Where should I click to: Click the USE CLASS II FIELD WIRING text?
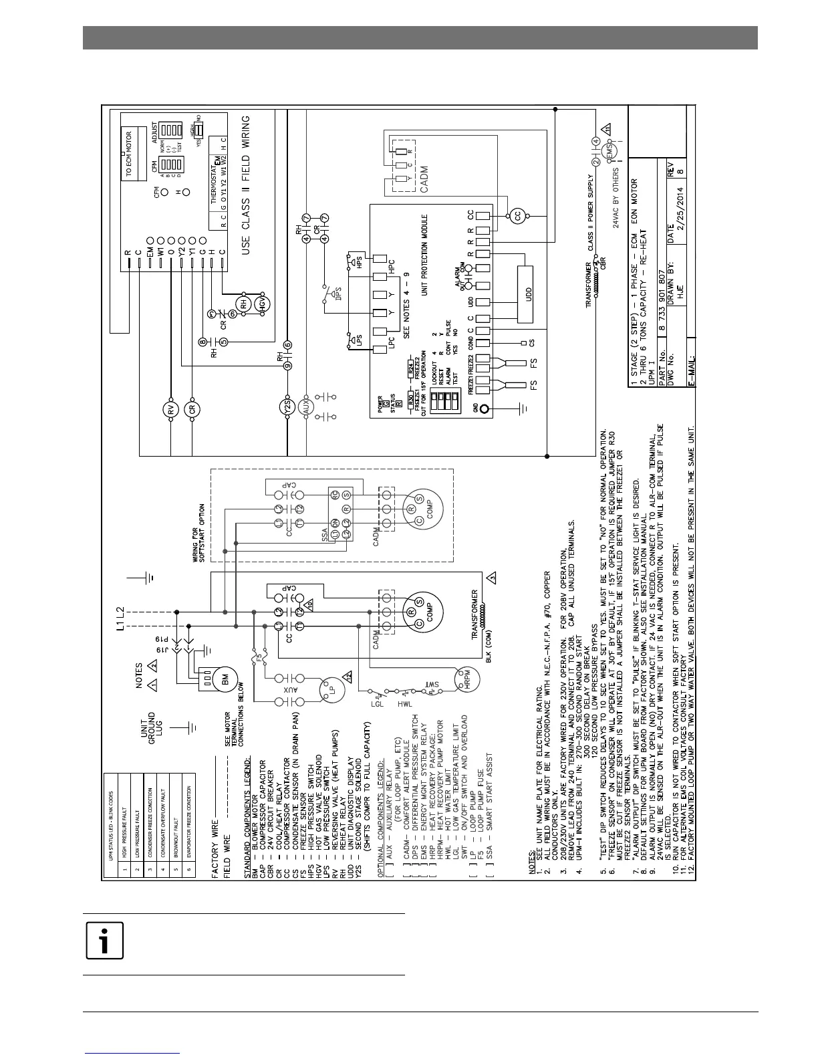[246, 181]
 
